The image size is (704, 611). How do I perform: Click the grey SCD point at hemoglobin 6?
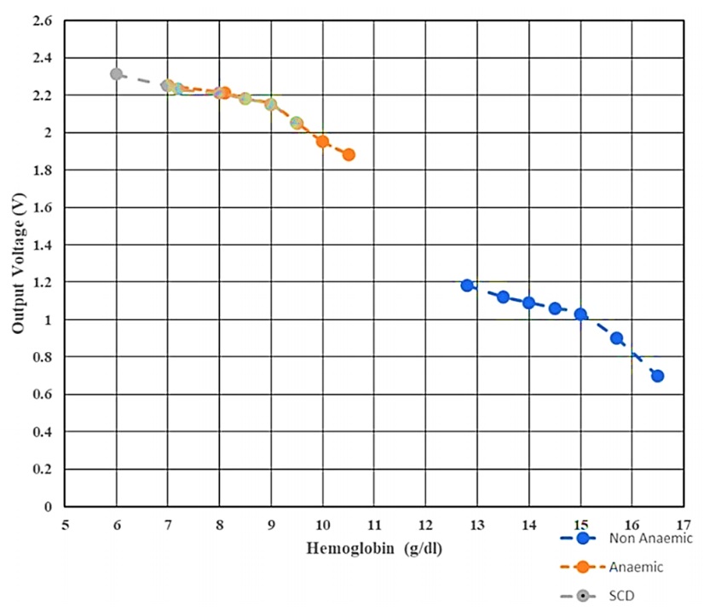pos(117,74)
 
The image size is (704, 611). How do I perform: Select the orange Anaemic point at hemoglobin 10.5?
pos(349,154)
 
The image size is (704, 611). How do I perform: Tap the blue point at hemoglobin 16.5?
pos(657,376)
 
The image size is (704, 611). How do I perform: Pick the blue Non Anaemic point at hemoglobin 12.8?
pos(467,285)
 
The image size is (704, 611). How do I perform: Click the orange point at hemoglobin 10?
pos(323,141)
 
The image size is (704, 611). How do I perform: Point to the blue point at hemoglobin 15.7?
pos(616,338)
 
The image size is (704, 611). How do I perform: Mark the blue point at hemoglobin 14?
pos(528,303)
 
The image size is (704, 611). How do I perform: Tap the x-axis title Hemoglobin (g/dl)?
pos(375,547)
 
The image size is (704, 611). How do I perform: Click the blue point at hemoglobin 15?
pos(580,314)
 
